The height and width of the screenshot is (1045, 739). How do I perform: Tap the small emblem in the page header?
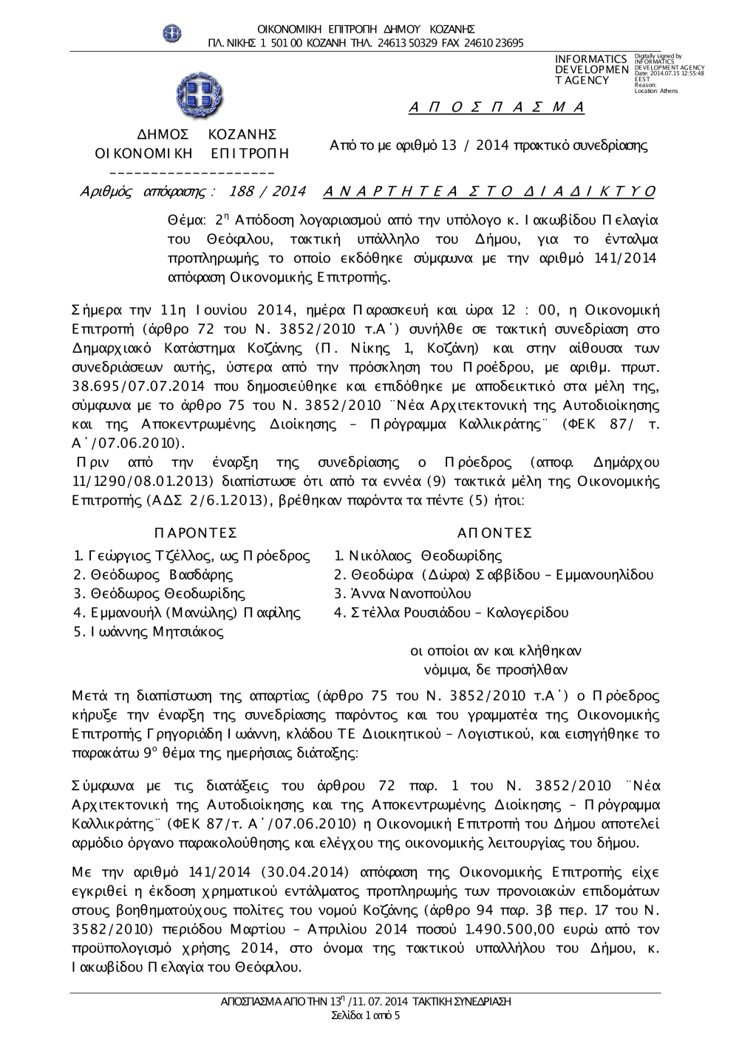172,33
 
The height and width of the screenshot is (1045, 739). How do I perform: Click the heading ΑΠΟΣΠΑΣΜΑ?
497,108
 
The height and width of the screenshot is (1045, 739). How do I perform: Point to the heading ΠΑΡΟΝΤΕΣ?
196,533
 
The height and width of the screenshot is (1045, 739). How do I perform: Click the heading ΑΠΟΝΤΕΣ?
494,533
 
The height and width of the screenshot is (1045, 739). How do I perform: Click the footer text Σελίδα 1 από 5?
367,1016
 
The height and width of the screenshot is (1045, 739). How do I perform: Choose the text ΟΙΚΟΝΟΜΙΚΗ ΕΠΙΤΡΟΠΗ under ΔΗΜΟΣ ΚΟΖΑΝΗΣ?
192,154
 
